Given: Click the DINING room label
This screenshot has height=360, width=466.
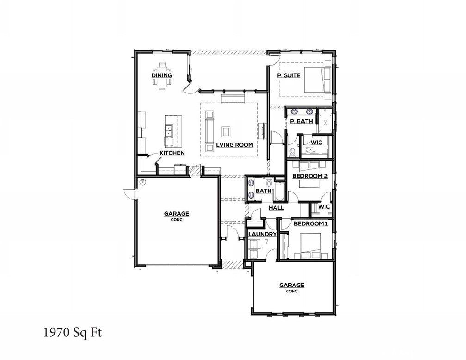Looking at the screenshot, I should (x=162, y=75).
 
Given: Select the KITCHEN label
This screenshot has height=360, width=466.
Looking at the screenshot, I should (x=172, y=153).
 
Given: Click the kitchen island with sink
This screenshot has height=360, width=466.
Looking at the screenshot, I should (x=169, y=131).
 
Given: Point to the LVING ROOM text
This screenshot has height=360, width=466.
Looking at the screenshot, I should (x=234, y=145).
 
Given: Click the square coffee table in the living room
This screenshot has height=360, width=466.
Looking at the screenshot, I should (x=226, y=131).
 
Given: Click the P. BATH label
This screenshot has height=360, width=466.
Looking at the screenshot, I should (x=301, y=122).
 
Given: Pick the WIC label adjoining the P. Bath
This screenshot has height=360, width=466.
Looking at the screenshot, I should (x=316, y=142).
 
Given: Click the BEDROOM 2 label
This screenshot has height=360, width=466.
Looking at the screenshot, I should (x=311, y=176).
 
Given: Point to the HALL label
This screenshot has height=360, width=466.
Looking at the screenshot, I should (x=276, y=208).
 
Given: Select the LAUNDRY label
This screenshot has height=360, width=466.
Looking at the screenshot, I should (x=262, y=234).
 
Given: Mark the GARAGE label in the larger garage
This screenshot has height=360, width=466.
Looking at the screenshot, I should (x=176, y=214).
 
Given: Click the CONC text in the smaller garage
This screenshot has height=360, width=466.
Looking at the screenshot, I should (x=291, y=292).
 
